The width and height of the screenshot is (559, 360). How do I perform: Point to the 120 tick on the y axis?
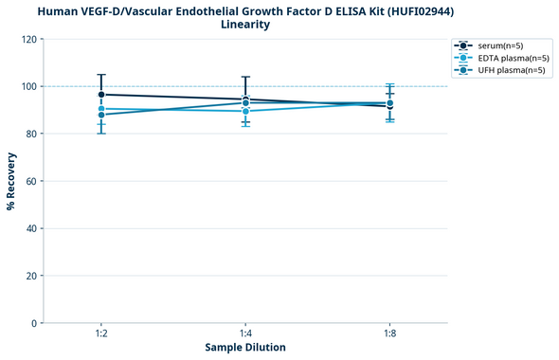[30, 40]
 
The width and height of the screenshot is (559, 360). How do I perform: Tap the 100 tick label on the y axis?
[30, 87]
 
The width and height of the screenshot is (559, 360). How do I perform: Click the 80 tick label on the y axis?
[32, 135]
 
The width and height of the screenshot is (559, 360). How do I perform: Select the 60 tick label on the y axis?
[32, 182]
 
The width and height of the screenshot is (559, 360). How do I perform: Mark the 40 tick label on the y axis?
[32, 229]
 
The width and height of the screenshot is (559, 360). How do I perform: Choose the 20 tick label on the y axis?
[32, 277]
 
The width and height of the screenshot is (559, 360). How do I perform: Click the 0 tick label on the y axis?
[35, 324]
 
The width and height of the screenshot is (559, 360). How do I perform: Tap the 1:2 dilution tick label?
[101, 334]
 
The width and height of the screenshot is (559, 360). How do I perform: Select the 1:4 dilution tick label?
[245, 334]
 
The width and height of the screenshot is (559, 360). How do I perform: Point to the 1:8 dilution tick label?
[389, 334]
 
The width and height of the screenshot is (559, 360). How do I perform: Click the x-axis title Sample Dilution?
[245, 348]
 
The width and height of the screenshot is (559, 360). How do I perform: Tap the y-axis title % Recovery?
[11, 181]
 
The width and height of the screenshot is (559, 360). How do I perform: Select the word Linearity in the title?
[245, 25]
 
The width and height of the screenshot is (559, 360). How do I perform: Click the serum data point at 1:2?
[101, 95]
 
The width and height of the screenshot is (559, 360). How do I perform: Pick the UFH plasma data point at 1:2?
[101, 115]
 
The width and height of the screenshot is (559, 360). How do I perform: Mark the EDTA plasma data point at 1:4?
[245, 111]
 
